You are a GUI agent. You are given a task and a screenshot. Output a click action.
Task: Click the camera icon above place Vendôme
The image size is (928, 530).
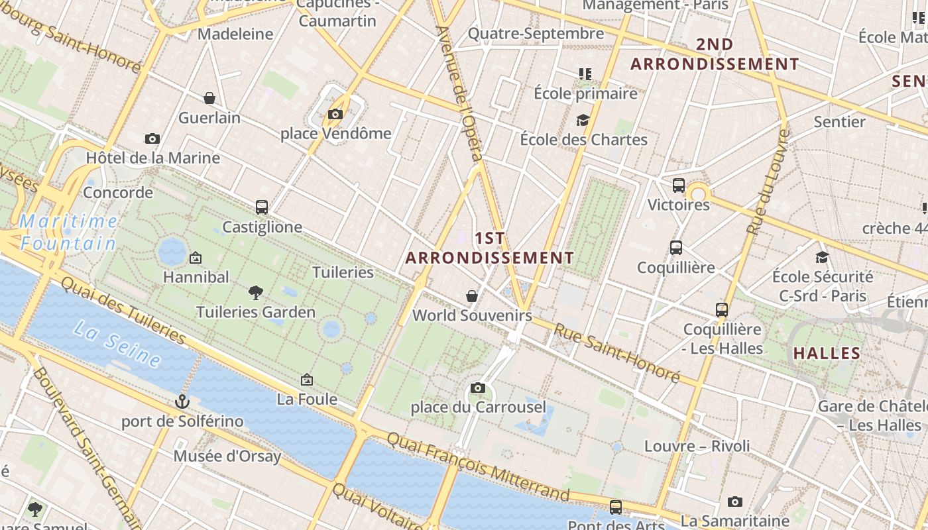point(335,114)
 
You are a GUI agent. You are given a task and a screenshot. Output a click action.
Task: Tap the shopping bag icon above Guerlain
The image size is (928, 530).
point(209,99)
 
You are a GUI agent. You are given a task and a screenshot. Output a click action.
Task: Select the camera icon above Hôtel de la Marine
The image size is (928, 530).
point(152,138)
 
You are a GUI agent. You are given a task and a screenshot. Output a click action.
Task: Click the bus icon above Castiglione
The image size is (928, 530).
point(262,207)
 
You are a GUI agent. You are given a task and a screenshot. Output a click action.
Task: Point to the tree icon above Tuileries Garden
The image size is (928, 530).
point(256,292)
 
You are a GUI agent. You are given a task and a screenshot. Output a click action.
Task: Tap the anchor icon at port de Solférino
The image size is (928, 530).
point(182,401)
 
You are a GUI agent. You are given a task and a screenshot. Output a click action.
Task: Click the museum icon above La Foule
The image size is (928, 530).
point(306,380)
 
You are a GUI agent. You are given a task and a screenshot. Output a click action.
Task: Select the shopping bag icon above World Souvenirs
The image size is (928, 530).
point(472,295)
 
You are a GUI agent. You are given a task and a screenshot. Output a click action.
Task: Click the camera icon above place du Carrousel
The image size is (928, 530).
point(477,388)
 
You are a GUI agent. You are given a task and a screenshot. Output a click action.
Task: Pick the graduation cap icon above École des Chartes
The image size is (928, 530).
point(583,120)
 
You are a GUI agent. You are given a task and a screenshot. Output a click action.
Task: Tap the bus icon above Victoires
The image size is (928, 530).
point(678,185)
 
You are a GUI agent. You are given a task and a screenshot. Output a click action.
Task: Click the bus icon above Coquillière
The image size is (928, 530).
point(676,248)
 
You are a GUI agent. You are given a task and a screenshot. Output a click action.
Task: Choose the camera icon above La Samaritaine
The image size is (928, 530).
point(734,502)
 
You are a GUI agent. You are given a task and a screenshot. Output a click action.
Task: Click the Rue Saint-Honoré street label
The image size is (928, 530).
point(616,353)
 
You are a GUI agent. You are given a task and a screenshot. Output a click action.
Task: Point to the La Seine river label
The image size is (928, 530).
point(117,343)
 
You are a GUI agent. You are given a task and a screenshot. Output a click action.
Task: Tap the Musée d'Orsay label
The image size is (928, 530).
point(227,456)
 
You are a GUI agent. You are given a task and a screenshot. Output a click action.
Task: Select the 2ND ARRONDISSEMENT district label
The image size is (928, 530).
point(715,54)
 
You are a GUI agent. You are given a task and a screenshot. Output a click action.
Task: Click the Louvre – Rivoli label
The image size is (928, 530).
point(697,446)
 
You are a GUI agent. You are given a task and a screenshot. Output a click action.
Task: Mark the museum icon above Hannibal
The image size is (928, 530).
point(196,257)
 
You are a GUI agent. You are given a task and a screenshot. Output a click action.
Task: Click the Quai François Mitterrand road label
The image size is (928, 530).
point(477,466)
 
